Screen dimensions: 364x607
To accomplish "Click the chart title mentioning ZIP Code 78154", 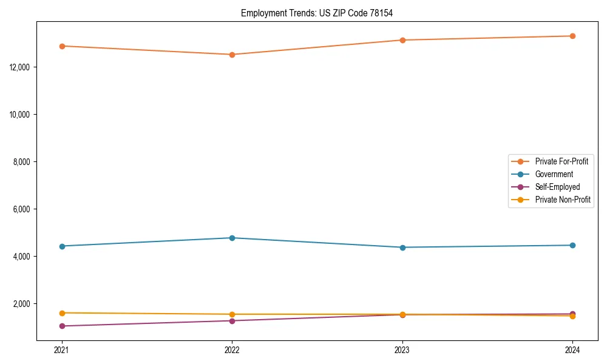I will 321,13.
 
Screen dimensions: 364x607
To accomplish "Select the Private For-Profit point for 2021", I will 61,46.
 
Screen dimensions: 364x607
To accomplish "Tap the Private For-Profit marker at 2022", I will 232,55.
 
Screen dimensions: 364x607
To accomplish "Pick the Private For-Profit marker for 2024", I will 572,36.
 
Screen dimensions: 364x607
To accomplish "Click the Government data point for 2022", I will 232,238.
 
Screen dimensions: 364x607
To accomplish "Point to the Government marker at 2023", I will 402,248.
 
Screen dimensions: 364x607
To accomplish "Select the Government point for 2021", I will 61,246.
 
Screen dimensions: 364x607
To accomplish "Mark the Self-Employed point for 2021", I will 61,326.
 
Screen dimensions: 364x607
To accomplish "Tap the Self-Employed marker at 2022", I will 232,321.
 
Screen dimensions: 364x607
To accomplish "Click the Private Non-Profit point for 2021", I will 61,313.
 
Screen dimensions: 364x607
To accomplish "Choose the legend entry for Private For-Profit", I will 561,161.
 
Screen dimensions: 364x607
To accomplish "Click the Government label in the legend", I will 554,174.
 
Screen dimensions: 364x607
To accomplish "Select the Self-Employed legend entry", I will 557,187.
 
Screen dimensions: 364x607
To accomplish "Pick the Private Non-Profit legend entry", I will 563,200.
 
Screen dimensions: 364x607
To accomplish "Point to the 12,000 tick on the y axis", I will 21,67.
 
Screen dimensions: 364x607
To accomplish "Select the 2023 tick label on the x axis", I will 402,350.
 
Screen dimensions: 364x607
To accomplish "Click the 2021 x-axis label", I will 61,350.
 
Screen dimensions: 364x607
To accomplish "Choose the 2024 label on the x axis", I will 572,350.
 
